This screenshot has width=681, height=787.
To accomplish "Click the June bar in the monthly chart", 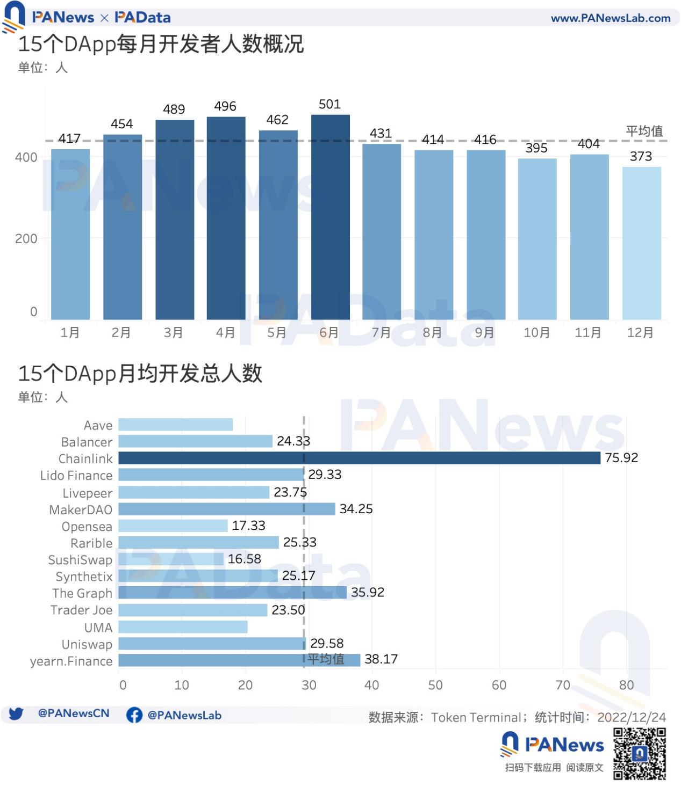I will click(x=330, y=217).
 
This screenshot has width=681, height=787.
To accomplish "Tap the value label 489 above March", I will click(x=174, y=110).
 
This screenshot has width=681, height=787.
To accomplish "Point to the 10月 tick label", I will click(x=536, y=333).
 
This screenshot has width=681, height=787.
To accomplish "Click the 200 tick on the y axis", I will click(x=26, y=239).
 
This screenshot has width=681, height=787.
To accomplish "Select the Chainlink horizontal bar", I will click(x=359, y=458).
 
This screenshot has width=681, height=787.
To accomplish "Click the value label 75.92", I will click(x=621, y=458).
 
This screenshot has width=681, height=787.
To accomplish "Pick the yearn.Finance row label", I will click(x=71, y=661).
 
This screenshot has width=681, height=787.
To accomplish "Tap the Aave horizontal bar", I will click(x=175, y=425).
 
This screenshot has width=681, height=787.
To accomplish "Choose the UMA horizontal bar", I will click(x=183, y=627).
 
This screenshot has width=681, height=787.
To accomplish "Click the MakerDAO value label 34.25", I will click(x=356, y=509).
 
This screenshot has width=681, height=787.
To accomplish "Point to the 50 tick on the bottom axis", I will click(x=435, y=685).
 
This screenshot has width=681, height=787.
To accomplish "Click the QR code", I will click(x=640, y=754).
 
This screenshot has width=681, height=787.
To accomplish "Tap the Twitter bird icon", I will click(x=16, y=714).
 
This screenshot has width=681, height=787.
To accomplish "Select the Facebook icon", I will click(x=134, y=715).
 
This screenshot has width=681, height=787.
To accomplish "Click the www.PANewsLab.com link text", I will click(x=611, y=18).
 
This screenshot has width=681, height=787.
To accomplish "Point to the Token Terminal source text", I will click(x=476, y=718).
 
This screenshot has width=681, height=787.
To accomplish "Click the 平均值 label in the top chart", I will click(x=644, y=131).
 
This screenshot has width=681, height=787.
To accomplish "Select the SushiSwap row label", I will click(x=80, y=560).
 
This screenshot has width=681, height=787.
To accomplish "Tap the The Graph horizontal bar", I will click(x=232, y=593).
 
